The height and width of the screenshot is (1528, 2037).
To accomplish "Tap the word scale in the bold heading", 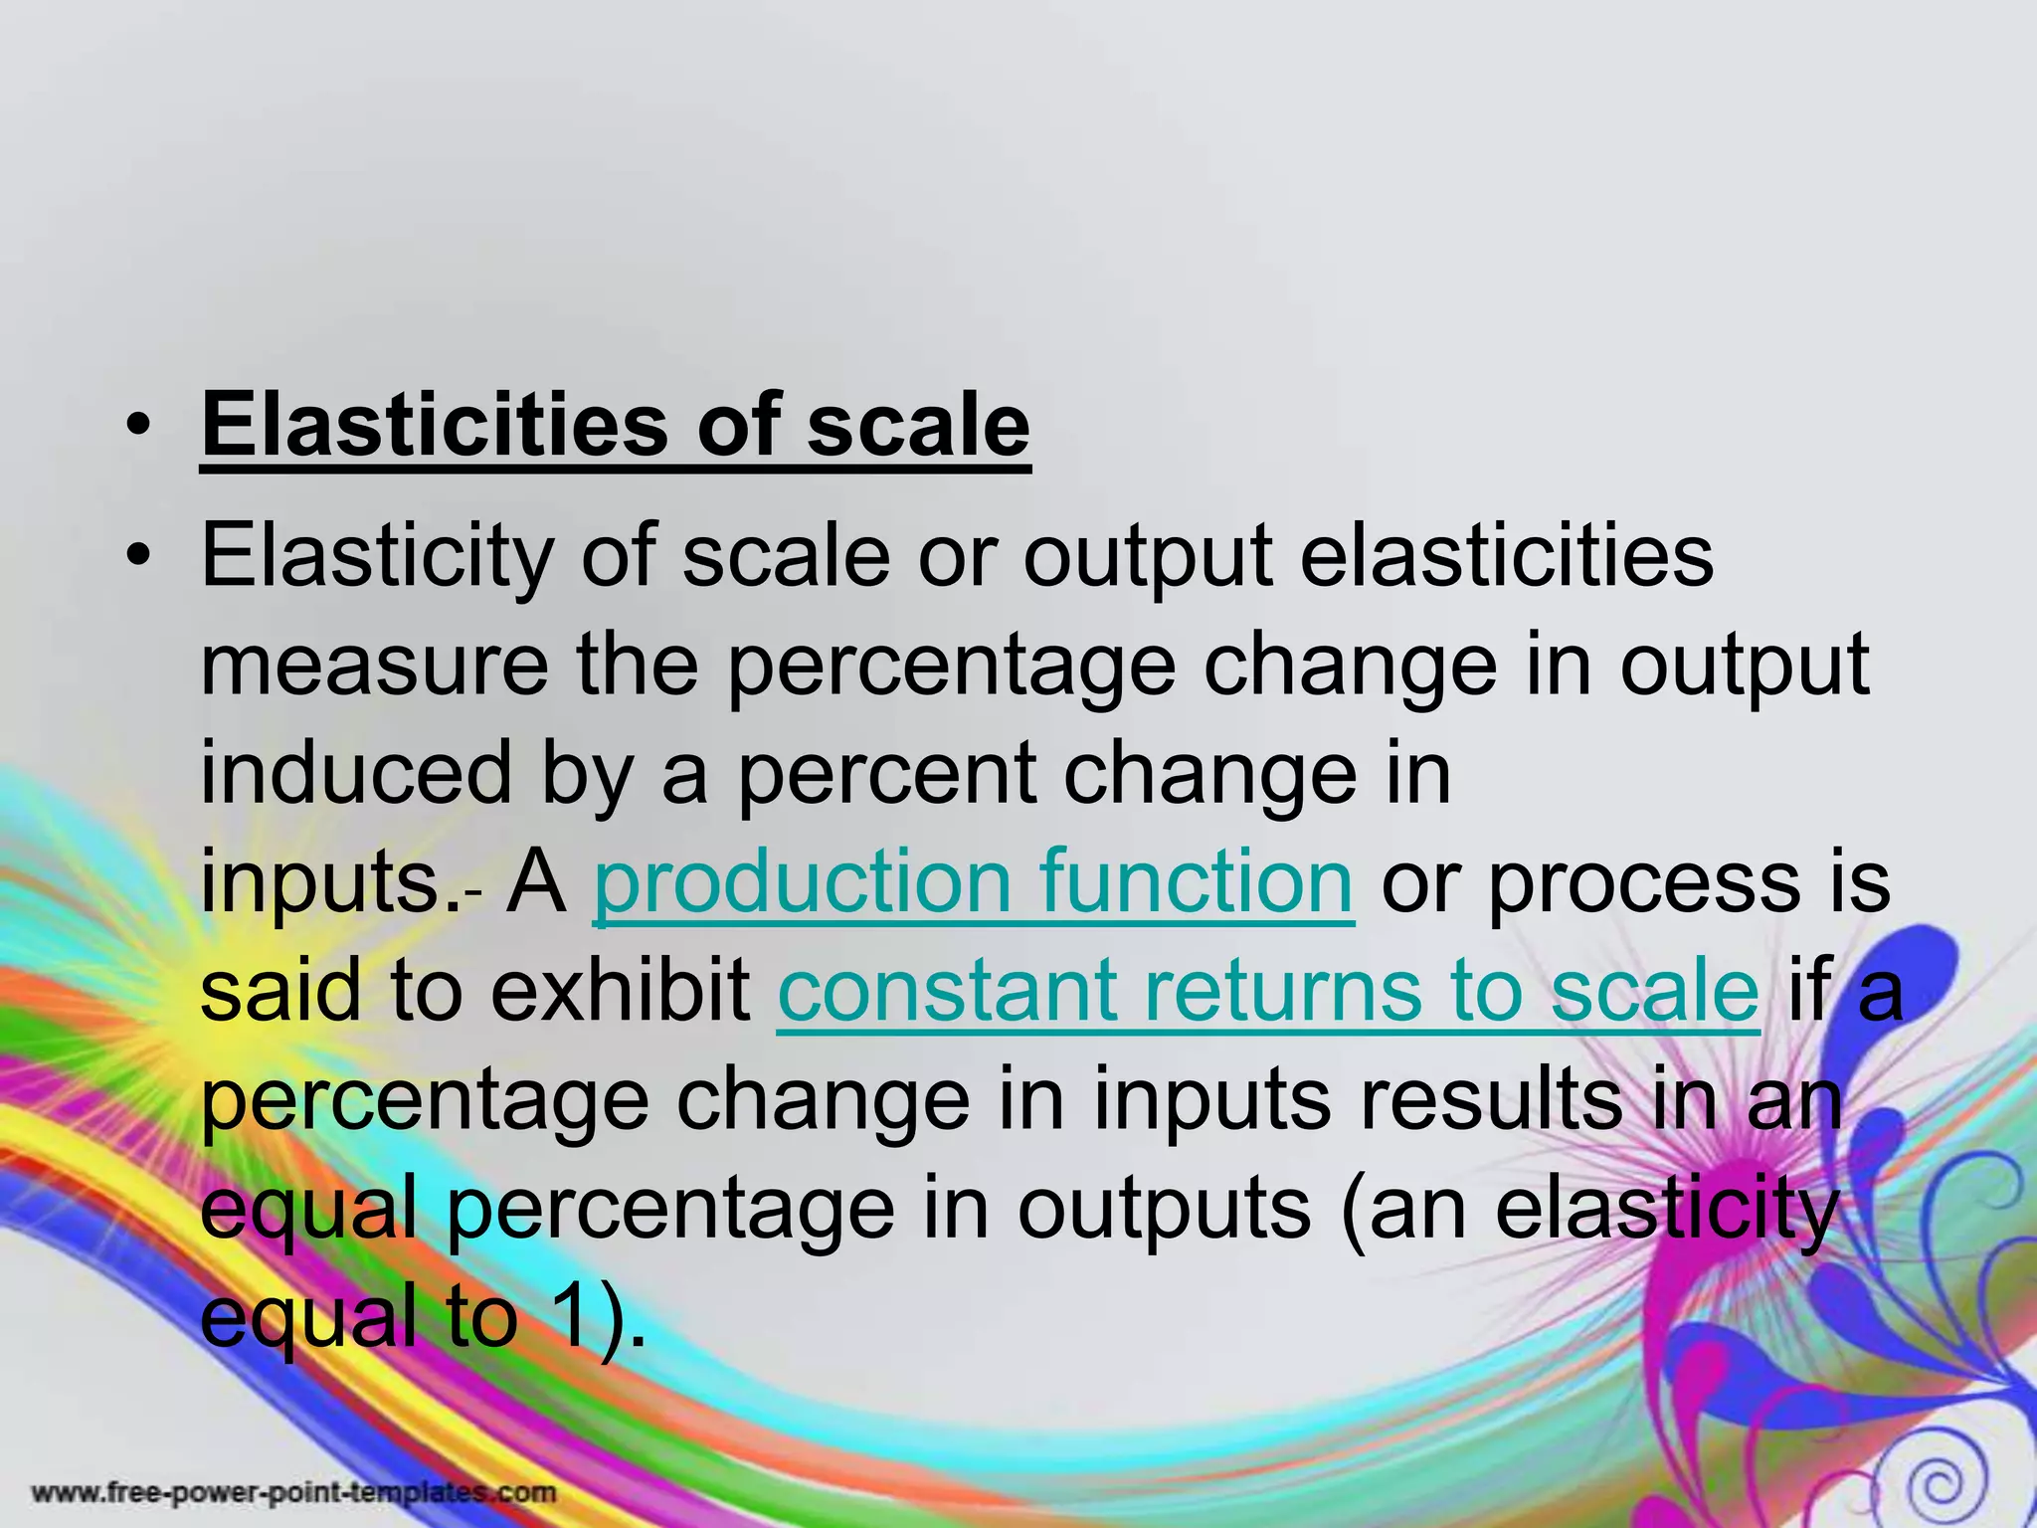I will (x=917, y=426).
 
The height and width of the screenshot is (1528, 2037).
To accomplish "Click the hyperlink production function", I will (x=973, y=881).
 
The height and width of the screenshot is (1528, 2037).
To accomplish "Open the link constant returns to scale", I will (x=1268, y=990).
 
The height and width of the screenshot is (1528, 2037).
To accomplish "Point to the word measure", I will (x=374, y=666).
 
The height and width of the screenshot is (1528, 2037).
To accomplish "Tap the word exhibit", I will (x=621, y=990).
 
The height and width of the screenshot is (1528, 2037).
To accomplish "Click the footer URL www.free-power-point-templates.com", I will (x=294, y=1492).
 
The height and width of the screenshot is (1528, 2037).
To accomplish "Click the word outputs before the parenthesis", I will (x=1163, y=1210).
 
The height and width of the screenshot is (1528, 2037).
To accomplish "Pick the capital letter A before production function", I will (x=535, y=881).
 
